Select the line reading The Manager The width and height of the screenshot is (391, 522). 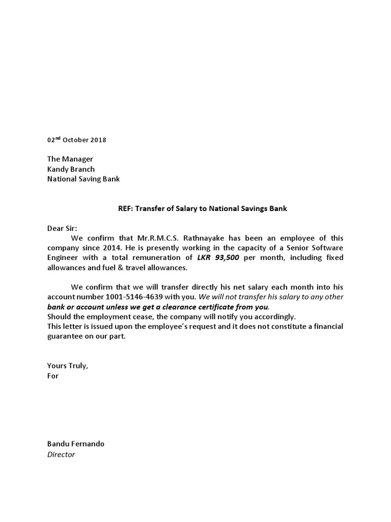tap(70, 160)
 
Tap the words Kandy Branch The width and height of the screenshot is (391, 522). tap(71, 169)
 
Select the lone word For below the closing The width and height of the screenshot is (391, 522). tap(53, 376)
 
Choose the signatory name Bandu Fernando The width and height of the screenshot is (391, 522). tap(75, 444)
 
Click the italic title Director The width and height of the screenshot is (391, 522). tap(61, 454)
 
